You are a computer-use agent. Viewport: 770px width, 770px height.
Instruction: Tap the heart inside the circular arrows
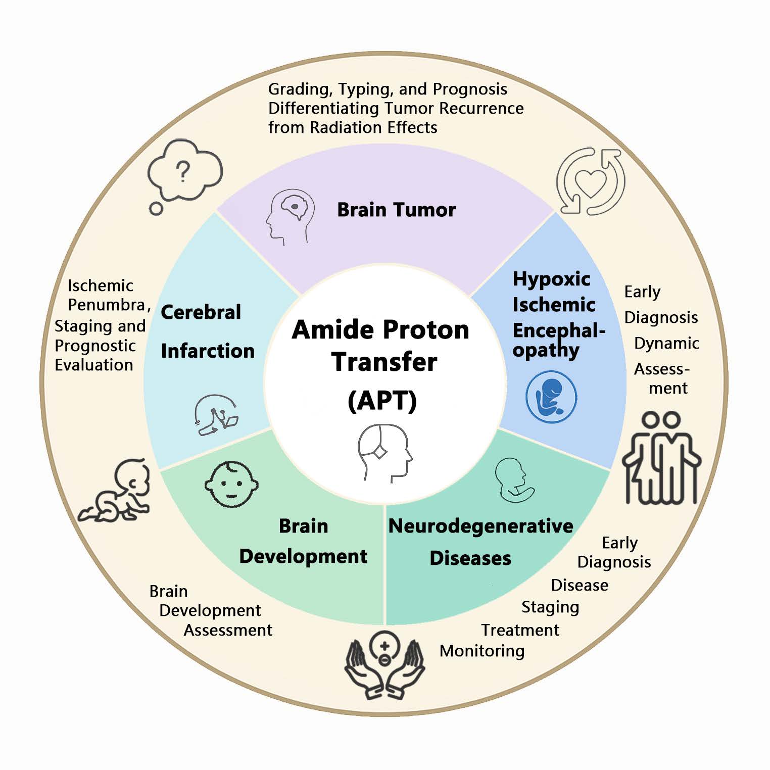click(591, 183)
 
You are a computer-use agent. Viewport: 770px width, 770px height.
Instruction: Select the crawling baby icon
click(115, 491)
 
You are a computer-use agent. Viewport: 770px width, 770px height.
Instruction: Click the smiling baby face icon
click(231, 484)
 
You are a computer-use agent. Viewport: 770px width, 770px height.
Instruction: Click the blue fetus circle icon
click(551, 397)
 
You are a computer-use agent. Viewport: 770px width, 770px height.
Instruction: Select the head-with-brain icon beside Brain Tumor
click(290, 217)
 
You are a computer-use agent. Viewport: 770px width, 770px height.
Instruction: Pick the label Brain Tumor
click(396, 210)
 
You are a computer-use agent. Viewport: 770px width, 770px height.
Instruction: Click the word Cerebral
click(201, 312)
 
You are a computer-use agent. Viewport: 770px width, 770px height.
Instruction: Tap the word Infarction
click(208, 351)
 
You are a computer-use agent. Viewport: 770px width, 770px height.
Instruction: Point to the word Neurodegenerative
click(480, 526)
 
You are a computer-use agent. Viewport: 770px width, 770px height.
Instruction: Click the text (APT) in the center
click(382, 401)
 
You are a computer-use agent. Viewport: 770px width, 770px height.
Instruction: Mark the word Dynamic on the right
click(667, 344)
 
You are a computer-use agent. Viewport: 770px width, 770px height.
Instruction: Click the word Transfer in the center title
click(384, 362)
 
